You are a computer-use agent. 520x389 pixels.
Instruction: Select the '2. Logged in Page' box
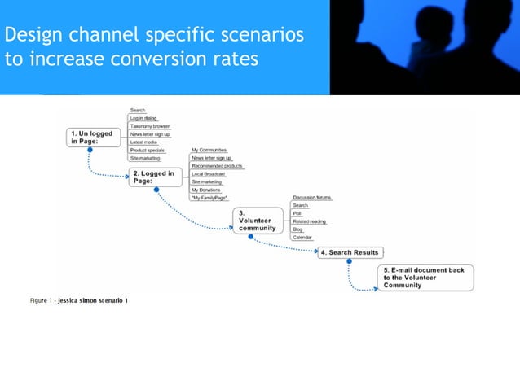[x=155, y=177]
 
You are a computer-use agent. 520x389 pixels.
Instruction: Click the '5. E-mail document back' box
[x=424, y=278]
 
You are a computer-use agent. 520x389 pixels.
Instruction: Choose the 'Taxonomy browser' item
[x=150, y=126]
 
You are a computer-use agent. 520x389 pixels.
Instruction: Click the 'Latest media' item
[x=144, y=142]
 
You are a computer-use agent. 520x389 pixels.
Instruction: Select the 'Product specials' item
[x=148, y=150]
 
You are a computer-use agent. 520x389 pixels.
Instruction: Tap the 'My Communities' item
[x=209, y=150]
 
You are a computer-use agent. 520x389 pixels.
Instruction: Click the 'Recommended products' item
[x=217, y=166]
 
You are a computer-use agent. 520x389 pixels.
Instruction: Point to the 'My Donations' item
[x=207, y=190]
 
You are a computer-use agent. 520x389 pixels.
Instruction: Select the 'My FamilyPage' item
[x=209, y=198]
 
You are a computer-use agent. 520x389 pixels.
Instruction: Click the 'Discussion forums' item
[x=312, y=198]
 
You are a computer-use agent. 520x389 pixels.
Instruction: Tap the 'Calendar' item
[x=302, y=237]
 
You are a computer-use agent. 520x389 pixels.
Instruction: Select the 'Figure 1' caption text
[x=78, y=301]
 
